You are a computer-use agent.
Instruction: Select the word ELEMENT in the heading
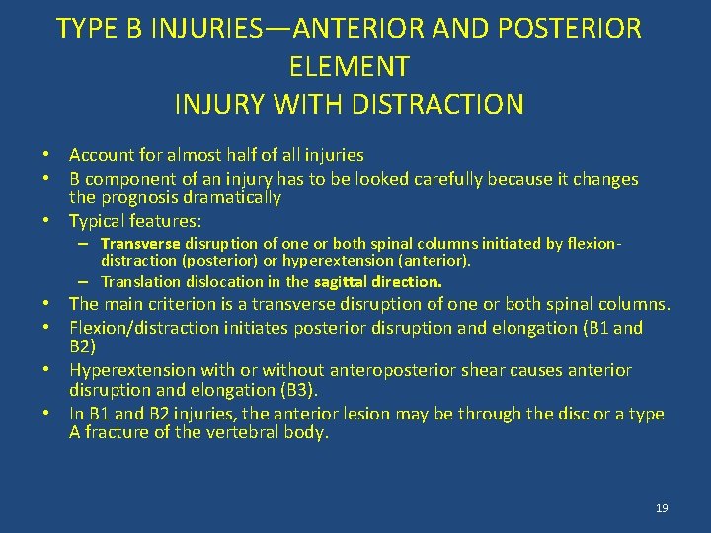pos(349,65)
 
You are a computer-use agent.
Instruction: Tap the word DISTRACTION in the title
pos(440,103)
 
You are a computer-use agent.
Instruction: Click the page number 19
pos(662,507)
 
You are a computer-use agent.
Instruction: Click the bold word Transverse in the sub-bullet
pos(139,244)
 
